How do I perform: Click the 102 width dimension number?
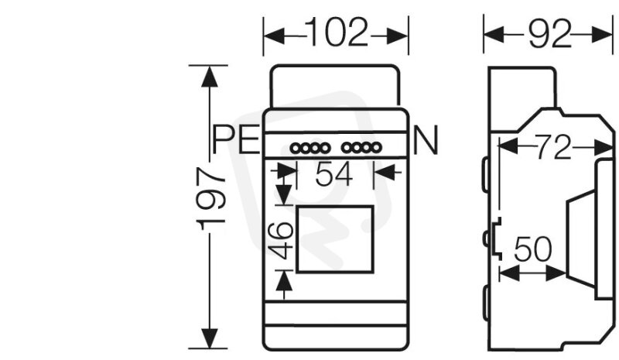pos(337,32)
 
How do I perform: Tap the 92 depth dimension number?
pos(549,34)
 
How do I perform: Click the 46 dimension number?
pos(281,241)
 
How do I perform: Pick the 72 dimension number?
pos(553,147)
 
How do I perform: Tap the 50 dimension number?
pos(532,249)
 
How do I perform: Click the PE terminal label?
pos(236,139)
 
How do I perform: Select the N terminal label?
pos(426,140)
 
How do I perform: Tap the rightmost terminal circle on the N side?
pos(376,148)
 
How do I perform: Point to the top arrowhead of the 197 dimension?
pos(209,76)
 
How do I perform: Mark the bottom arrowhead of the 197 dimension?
pos(209,338)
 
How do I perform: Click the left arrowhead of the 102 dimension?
pos(274,36)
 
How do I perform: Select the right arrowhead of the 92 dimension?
pos(602,35)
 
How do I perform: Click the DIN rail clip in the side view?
pos(496,238)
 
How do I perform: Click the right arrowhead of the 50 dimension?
pos(556,273)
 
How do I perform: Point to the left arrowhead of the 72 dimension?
pos(508,146)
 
